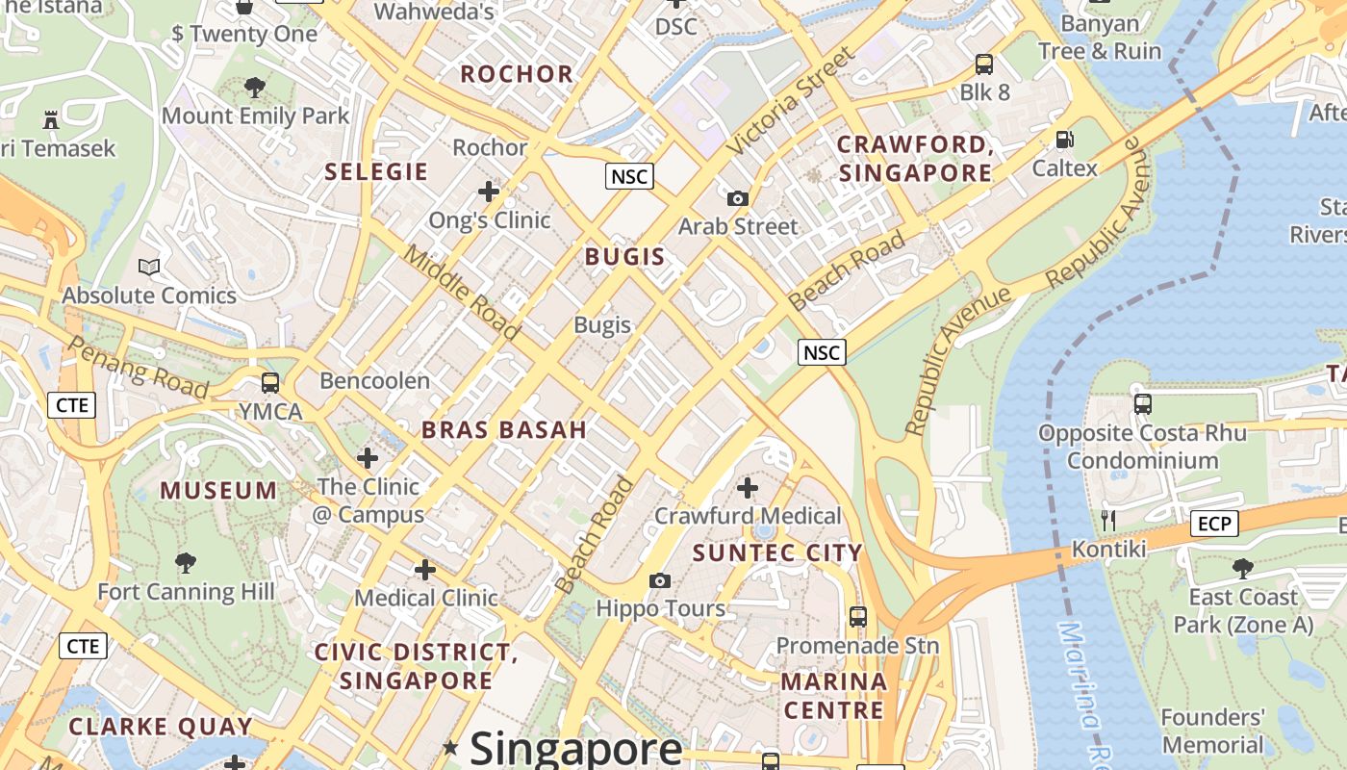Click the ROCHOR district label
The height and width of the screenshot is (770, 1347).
click(517, 74)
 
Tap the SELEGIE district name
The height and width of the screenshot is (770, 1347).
click(376, 172)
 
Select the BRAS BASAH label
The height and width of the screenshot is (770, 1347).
click(504, 430)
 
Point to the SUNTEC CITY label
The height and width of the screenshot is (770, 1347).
click(777, 552)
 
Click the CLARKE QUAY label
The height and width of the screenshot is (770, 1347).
click(161, 727)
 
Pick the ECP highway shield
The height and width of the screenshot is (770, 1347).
click(1214, 524)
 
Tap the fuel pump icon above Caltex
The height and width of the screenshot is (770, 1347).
click(1064, 140)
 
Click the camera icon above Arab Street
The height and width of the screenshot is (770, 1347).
click(738, 199)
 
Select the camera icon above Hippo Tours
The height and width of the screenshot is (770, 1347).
click(660, 580)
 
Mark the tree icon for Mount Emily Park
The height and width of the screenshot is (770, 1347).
click(255, 88)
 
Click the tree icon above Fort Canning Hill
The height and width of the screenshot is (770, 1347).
click(186, 563)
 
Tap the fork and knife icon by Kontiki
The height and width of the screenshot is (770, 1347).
click(1108, 521)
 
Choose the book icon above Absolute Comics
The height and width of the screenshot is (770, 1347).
click(149, 267)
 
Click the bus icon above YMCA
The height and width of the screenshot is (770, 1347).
click(270, 382)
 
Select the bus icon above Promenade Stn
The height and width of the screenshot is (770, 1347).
click(857, 616)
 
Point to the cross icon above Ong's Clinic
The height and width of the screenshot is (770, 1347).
click(489, 192)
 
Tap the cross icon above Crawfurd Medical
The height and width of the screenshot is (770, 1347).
click(748, 488)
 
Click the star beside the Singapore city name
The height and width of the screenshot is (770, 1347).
click(450, 747)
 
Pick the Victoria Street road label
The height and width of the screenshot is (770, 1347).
click(790, 101)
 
